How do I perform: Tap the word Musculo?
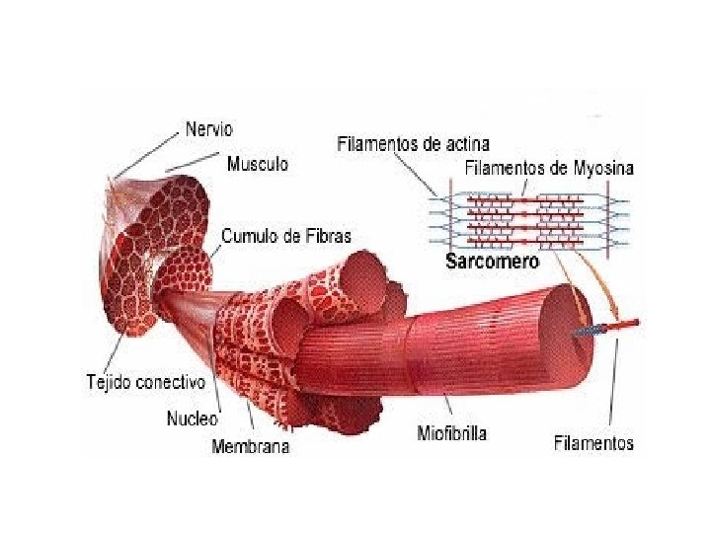258,164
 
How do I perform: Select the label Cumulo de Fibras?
285,236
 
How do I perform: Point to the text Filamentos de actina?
413,144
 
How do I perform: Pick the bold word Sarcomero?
492,262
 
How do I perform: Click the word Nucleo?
191,418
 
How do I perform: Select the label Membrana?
251,446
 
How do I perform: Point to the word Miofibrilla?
451,433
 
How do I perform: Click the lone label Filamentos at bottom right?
592,443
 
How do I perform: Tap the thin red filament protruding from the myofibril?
624,323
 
